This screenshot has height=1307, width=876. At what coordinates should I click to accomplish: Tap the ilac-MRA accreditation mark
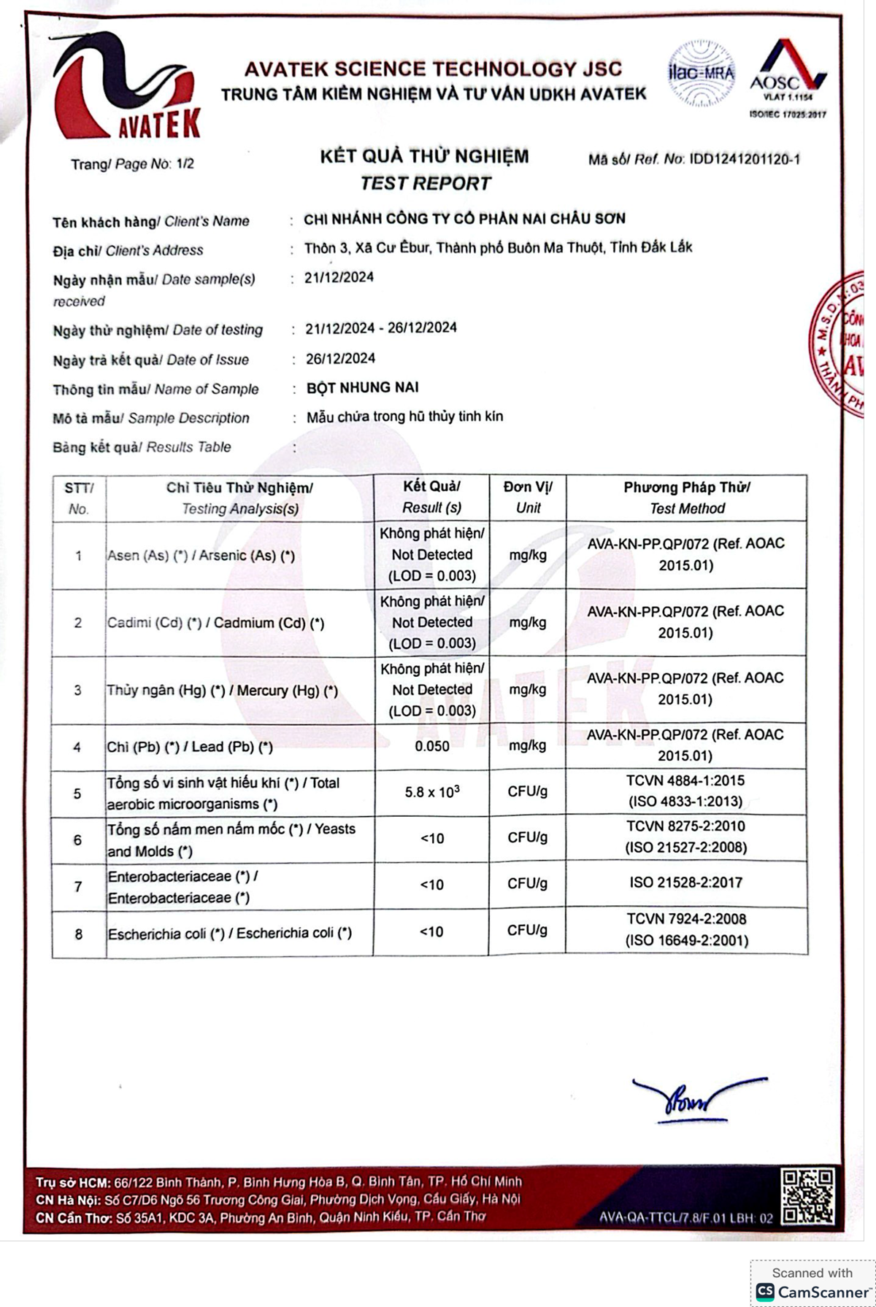tap(701, 73)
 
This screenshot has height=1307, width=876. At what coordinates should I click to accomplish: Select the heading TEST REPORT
tap(426, 183)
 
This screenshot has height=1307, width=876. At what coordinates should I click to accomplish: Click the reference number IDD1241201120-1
tap(745, 159)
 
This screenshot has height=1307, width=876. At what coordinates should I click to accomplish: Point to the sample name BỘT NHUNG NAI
tap(362, 387)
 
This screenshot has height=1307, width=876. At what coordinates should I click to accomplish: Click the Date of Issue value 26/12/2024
tap(340, 358)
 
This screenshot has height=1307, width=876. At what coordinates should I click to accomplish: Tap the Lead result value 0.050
tap(431, 746)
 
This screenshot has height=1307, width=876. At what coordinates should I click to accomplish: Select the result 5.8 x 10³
tap(431, 791)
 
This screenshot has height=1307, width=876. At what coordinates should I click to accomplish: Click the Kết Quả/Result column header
tap(431, 497)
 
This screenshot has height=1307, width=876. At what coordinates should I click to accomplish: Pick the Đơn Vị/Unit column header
tap(528, 497)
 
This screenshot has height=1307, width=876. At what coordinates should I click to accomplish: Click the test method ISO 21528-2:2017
tap(685, 883)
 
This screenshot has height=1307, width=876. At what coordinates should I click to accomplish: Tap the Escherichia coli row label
tap(229, 934)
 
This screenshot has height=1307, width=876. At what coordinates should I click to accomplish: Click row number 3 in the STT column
tap(78, 690)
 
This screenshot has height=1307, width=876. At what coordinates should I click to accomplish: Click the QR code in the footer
tap(807, 1196)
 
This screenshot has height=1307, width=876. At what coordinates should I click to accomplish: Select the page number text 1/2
tap(185, 163)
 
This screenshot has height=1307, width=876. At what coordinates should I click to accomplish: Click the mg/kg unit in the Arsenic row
tap(528, 555)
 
